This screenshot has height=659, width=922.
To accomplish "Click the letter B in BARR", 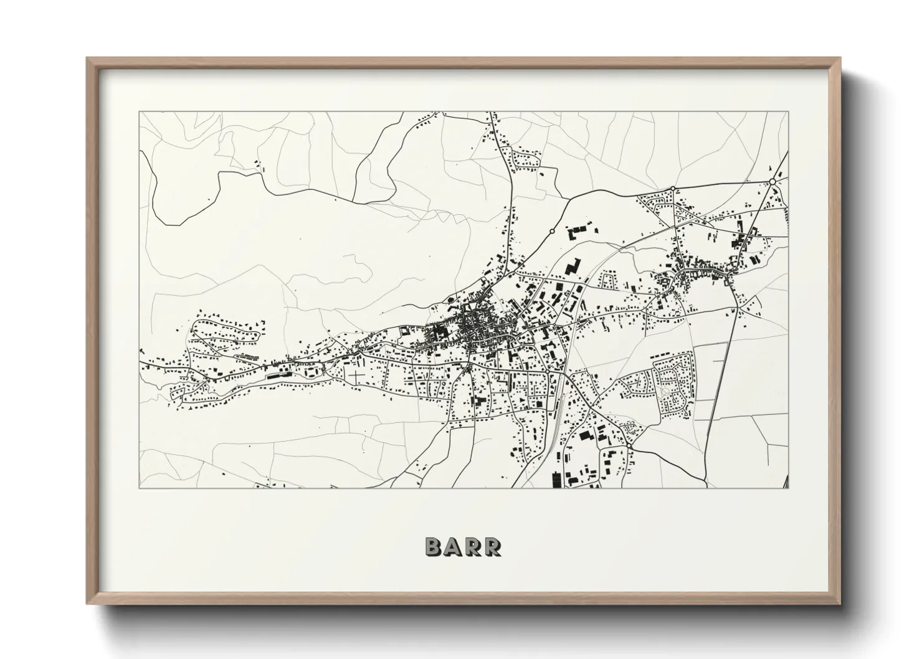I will pos(434,546).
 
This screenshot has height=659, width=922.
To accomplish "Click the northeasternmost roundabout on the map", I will pos(772,181).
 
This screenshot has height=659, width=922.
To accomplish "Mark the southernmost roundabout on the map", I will pos(630,447).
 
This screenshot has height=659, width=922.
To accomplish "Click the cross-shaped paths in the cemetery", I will pos(356,377).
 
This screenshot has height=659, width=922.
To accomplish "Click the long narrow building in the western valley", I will pos(276,376).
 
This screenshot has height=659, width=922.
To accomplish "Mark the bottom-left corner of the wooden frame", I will pos(88,603).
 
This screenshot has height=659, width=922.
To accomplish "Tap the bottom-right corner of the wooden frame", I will pos(840,603).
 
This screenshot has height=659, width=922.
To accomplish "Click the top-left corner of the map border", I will pos(140,112).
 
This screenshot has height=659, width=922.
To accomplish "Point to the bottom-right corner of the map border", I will pos(788,488).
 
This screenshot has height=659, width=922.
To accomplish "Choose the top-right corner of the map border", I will pos(788,112).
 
